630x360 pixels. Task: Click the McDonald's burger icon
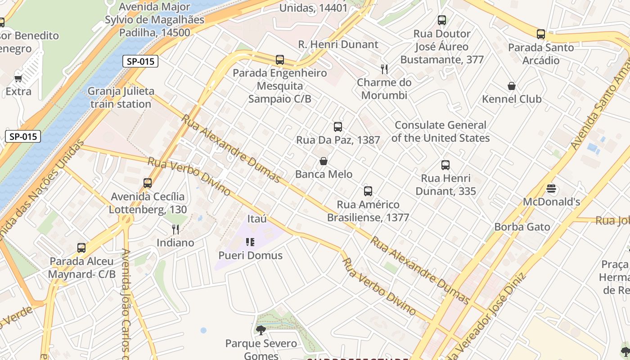[x=551, y=189]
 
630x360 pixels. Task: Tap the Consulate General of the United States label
[x=441, y=131]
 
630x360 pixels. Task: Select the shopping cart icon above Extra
[x=18, y=78]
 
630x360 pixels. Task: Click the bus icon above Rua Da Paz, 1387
[x=338, y=127]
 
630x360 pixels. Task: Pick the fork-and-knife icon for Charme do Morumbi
[x=384, y=69]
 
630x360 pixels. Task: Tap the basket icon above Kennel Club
[x=512, y=86]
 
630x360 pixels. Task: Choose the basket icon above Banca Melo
[x=324, y=161]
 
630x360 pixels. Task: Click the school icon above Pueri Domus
[x=250, y=242]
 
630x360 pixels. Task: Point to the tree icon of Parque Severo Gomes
[x=261, y=330]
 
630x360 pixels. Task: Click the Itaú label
[x=257, y=219]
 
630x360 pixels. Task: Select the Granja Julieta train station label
[x=121, y=98]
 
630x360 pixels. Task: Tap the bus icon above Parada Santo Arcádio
[x=541, y=34]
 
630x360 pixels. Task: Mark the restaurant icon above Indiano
[x=175, y=229]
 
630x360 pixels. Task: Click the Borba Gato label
[x=522, y=227]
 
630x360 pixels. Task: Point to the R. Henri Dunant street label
[x=338, y=45]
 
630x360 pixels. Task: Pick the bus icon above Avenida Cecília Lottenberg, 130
[x=148, y=183]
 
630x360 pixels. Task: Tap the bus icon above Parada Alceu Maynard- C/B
[x=81, y=247]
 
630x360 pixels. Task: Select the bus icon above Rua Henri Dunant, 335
[x=445, y=165]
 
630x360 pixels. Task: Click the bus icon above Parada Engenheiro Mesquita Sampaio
[x=280, y=59]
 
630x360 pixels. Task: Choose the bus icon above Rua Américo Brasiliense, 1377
[x=368, y=191]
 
